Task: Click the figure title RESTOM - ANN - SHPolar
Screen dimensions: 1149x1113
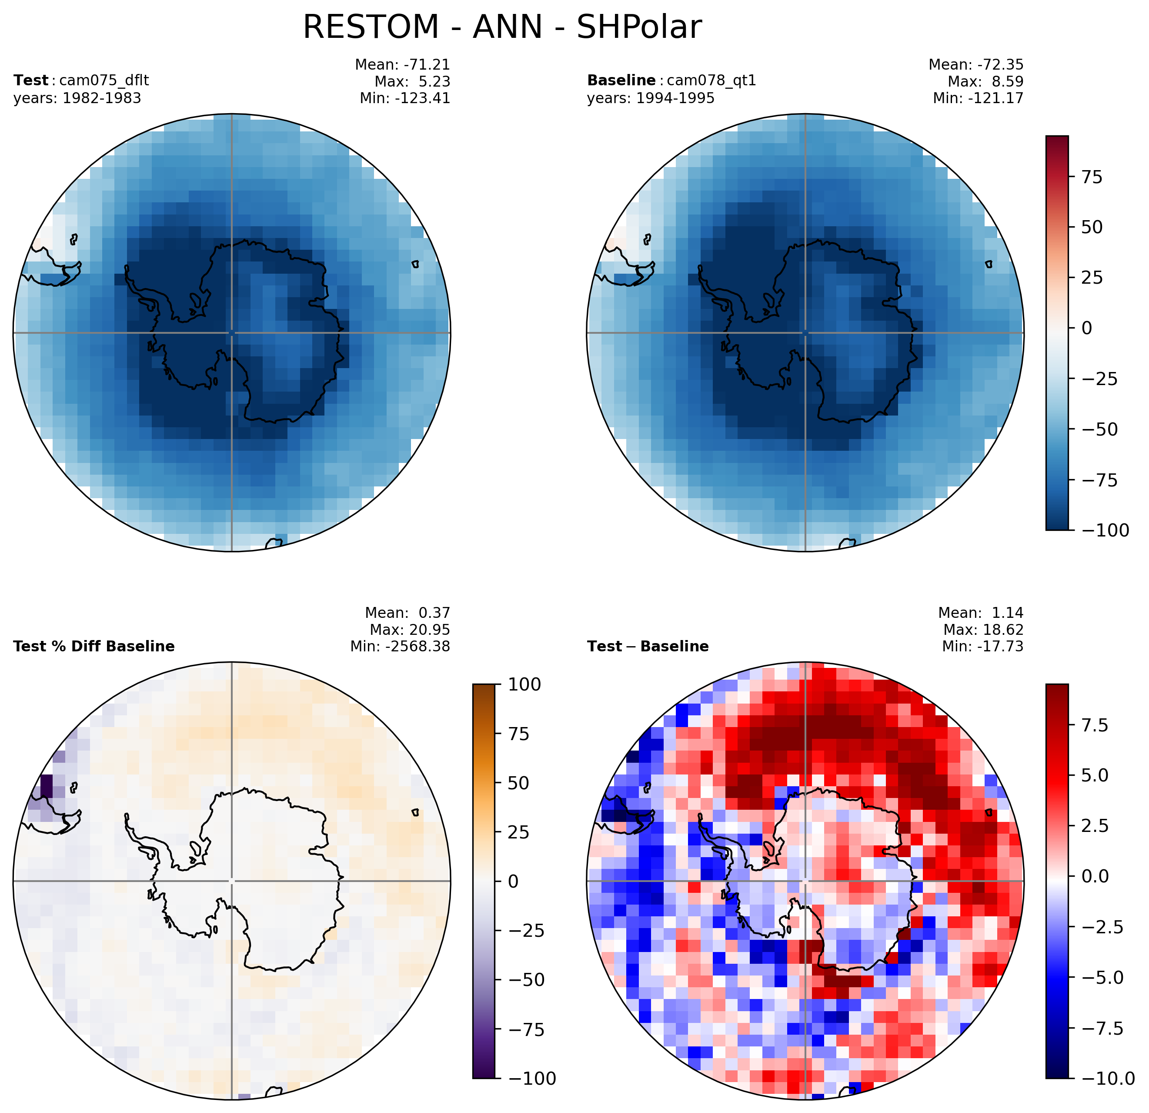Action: (502, 27)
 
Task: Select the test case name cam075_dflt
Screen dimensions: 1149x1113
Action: (100, 80)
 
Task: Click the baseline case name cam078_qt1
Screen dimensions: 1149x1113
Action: (711, 80)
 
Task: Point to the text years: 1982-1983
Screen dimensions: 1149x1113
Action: (77, 98)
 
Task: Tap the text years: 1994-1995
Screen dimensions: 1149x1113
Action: (651, 98)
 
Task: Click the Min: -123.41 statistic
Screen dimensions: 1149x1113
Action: (405, 98)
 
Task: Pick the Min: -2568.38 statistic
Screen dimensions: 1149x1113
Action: (401, 646)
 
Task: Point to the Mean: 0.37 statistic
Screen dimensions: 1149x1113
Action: (407, 613)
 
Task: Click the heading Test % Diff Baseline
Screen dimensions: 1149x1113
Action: (94, 646)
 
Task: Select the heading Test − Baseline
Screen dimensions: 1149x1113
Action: (648, 646)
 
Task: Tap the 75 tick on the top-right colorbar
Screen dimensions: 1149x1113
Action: (1091, 177)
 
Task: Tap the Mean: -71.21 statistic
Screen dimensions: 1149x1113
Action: (403, 64)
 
